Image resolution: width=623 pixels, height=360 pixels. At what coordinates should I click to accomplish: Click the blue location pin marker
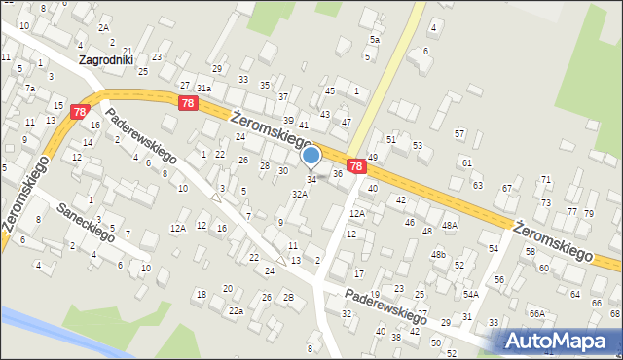point(311,156)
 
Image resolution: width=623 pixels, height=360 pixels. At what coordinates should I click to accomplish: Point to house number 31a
point(203,88)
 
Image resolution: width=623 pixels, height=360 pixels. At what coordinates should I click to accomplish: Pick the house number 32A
point(300,194)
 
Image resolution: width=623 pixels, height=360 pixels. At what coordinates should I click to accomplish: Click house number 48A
point(449,225)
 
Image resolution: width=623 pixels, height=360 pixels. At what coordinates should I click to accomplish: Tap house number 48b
point(438,255)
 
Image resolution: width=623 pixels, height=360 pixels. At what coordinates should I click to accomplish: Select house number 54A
point(470,294)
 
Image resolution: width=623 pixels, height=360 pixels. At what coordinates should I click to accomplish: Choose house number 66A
point(536,313)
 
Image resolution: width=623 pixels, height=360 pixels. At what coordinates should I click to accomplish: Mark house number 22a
point(235,310)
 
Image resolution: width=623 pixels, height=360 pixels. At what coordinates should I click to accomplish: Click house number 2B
point(288,297)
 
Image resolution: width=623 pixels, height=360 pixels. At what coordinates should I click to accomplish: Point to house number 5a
point(374,40)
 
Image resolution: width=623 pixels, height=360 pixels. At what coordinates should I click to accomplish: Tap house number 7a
point(30,89)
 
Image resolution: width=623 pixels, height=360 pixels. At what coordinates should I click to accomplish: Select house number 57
point(459,132)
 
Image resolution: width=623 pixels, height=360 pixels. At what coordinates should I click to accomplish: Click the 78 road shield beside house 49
point(357,167)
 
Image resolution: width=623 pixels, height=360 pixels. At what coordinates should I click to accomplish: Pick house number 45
point(330,90)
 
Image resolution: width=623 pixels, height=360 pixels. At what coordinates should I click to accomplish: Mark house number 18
point(201,294)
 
